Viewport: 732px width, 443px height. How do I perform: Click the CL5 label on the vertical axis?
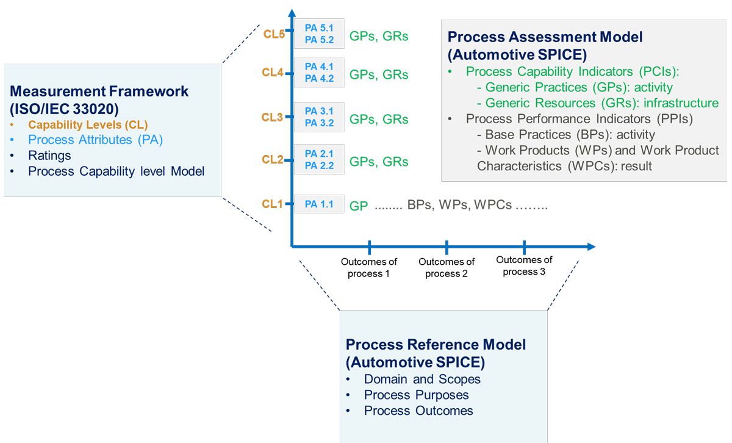coord(274,35)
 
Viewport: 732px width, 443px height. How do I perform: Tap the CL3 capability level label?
coord(272,118)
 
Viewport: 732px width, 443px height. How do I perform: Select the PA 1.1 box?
coord(319,204)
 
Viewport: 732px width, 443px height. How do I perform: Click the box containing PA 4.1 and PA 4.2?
coord(319,73)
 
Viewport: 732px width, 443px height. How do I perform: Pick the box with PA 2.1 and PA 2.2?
coord(319,160)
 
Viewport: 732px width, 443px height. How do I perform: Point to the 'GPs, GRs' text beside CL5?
coord(378,36)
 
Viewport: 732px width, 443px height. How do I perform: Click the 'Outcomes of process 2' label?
coord(447,268)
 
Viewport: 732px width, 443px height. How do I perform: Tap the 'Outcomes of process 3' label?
coord(524,266)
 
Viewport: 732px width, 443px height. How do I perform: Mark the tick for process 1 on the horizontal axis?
coord(370,247)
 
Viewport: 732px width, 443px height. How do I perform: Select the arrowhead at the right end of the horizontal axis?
coord(590,247)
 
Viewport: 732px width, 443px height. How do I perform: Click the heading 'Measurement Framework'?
coord(99,92)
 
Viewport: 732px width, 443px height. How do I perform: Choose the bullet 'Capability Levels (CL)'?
coord(88,124)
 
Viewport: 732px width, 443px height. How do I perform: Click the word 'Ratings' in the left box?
coord(49,156)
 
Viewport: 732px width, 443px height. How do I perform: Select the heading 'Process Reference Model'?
coord(436,345)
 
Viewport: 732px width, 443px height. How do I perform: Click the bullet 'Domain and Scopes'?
coord(422,379)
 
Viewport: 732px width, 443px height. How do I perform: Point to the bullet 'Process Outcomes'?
coord(418,411)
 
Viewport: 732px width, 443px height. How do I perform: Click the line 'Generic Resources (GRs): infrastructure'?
coord(601,103)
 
